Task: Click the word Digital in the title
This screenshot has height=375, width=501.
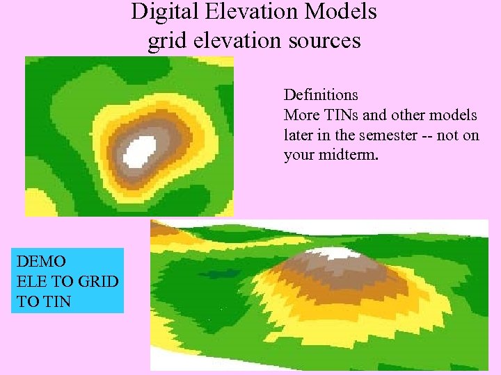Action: (159, 12)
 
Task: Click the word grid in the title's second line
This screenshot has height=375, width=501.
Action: (165, 42)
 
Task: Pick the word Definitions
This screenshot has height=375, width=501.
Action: (321, 94)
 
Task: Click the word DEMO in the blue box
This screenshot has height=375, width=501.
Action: (41, 262)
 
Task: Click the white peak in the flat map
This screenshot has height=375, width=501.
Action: (143, 148)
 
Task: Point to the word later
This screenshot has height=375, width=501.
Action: (299, 135)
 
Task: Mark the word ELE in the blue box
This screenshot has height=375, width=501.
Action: (31, 282)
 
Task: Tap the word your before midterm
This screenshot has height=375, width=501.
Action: (300, 155)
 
